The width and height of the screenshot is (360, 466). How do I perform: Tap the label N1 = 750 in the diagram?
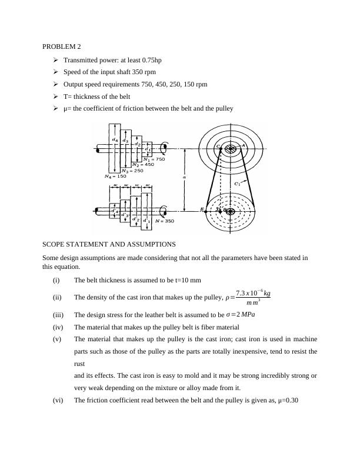(155, 159)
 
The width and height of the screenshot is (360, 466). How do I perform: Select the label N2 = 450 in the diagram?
(143, 165)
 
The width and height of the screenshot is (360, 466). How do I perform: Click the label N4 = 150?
(115, 176)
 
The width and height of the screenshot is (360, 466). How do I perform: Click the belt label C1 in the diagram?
(237, 184)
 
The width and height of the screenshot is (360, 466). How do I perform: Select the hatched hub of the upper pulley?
(229, 149)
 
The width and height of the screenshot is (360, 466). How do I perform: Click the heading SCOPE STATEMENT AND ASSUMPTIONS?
(109, 244)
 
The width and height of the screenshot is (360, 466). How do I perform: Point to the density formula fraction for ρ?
(253, 298)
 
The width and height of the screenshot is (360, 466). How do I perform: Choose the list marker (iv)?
(58, 327)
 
